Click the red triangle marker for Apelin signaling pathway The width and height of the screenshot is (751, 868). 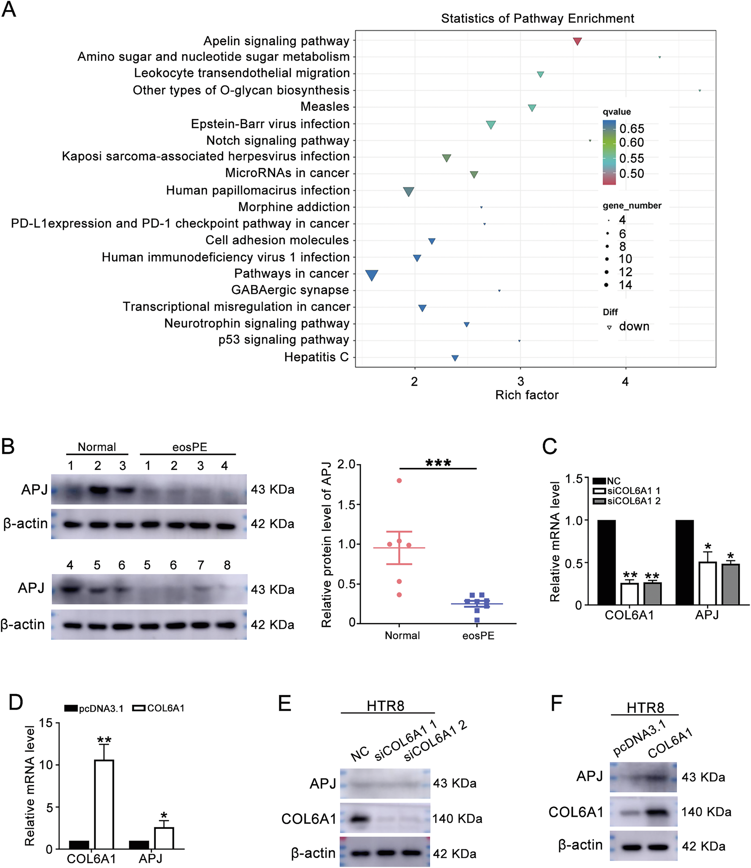tap(577, 41)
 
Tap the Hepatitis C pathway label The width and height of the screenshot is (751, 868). tap(316, 357)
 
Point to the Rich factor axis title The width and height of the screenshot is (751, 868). tap(527, 395)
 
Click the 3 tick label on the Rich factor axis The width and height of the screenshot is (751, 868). tap(521, 381)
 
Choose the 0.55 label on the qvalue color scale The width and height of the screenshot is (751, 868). tap(632, 158)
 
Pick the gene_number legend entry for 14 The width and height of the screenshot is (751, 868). tap(625, 285)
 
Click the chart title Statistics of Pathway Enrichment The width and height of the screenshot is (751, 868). tap(537, 18)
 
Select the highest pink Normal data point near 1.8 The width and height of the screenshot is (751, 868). tap(399, 481)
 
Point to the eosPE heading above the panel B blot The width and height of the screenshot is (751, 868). tap(189, 447)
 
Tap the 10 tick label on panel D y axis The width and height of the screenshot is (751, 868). tap(46, 765)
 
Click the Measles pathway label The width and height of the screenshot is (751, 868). tap(325, 107)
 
